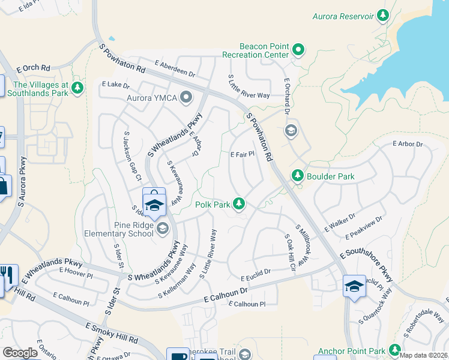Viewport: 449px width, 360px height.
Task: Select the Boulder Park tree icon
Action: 297,176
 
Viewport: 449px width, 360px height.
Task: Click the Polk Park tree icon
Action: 240,205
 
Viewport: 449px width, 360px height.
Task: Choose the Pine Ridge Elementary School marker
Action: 161,229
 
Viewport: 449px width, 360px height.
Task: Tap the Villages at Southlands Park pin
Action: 77,89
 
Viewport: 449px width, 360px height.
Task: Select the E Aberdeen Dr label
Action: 175,68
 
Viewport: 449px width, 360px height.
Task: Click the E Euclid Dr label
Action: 256,278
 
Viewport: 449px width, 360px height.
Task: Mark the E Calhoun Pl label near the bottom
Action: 247,304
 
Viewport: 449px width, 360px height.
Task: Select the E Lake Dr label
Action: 112,85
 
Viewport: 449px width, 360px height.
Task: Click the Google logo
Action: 20,353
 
